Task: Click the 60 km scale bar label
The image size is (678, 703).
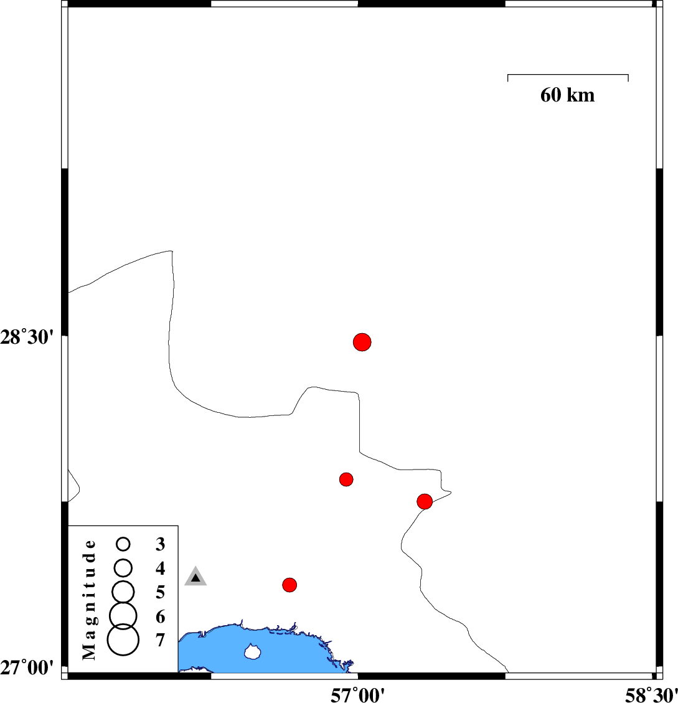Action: [x=567, y=95]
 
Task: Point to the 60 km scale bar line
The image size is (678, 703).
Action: [x=568, y=75]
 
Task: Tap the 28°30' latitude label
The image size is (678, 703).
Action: [x=27, y=337]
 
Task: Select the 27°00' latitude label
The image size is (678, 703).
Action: [x=27, y=668]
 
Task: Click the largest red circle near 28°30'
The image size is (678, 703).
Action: [x=362, y=342]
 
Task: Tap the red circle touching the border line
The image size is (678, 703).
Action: [x=424, y=501]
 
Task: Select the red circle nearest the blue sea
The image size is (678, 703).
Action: [x=290, y=585]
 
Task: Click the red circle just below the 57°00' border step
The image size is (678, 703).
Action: [x=346, y=479]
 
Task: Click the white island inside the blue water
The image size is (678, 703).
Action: [x=253, y=651]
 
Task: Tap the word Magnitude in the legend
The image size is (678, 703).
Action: [x=89, y=600]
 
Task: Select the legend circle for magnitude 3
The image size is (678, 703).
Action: [x=123, y=544]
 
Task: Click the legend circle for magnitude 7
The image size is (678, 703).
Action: [x=123, y=639]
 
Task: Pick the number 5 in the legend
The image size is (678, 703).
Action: [x=160, y=592]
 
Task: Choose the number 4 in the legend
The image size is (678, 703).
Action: [x=160, y=568]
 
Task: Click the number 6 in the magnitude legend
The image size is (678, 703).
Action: [x=160, y=616]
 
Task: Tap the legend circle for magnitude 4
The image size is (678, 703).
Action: [x=123, y=568]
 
